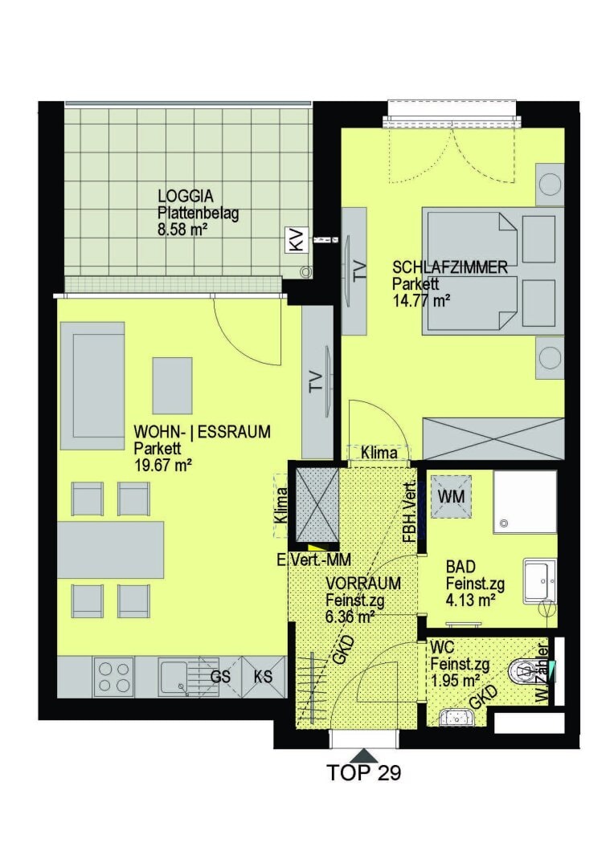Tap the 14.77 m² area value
(x=420, y=301)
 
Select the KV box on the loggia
(x=297, y=239)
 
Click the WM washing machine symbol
(x=452, y=496)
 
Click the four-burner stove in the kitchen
(x=114, y=677)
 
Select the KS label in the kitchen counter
(x=263, y=677)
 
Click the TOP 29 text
(x=364, y=773)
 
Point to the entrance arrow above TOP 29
(x=364, y=755)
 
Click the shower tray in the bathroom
(x=525, y=502)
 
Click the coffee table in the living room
(x=172, y=385)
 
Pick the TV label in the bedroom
(x=359, y=270)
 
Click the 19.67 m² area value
(x=162, y=464)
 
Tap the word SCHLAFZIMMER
(x=449, y=267)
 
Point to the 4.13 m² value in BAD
(x=469, y=598)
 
